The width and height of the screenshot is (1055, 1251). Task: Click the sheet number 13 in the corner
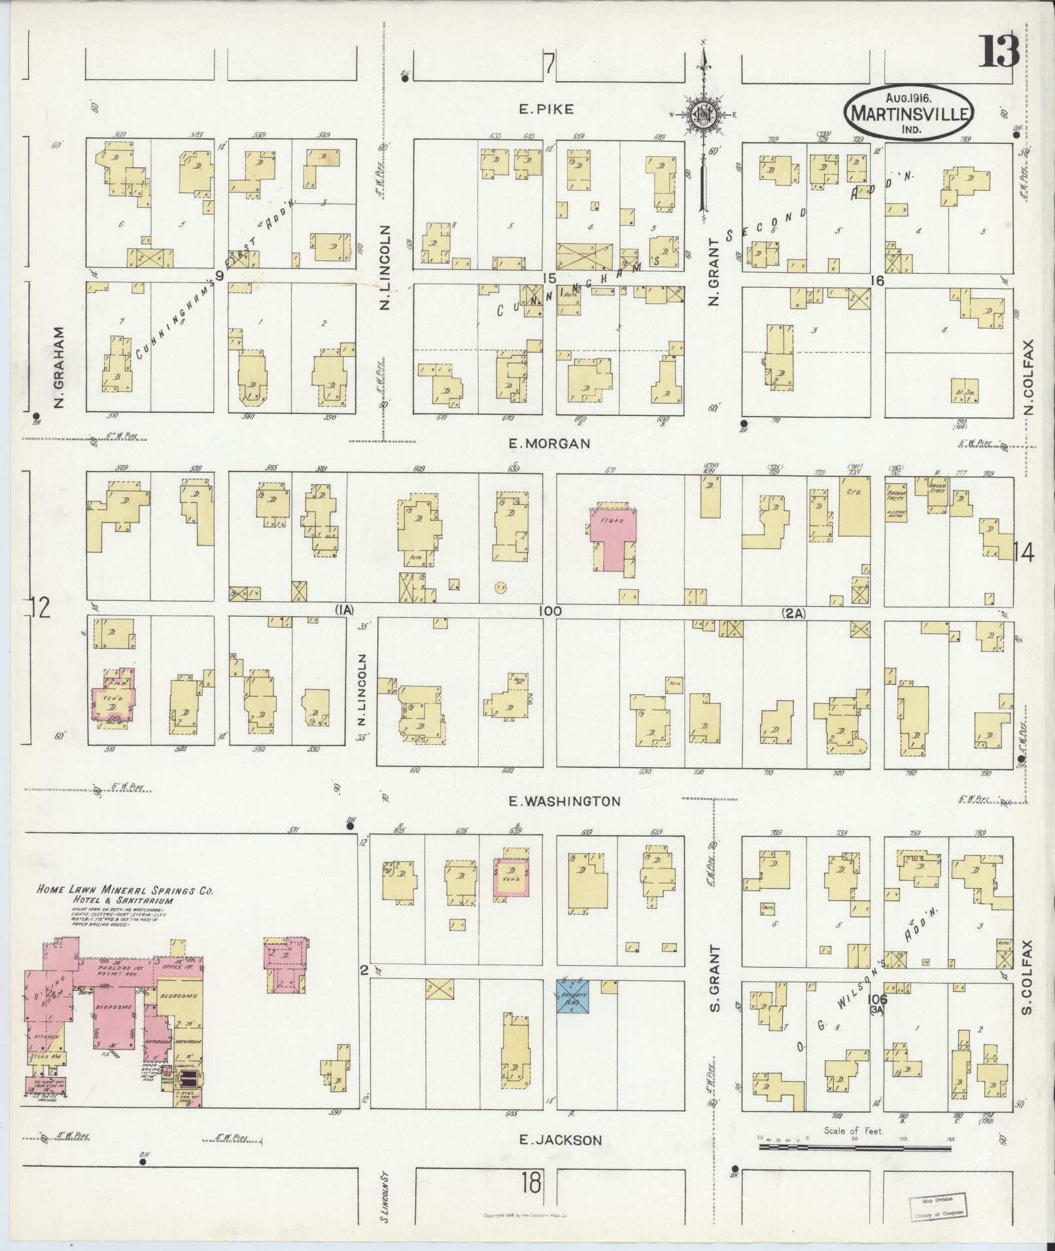tap(999, 51)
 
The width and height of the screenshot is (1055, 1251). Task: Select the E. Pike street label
tap(546, 110)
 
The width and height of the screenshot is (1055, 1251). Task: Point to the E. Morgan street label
tap(549, 443)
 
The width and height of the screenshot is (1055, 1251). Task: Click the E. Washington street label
tap(564, 801)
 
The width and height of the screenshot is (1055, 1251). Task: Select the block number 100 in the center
tap(550, 611)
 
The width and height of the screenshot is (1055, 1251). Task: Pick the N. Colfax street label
tap(1029, 377)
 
